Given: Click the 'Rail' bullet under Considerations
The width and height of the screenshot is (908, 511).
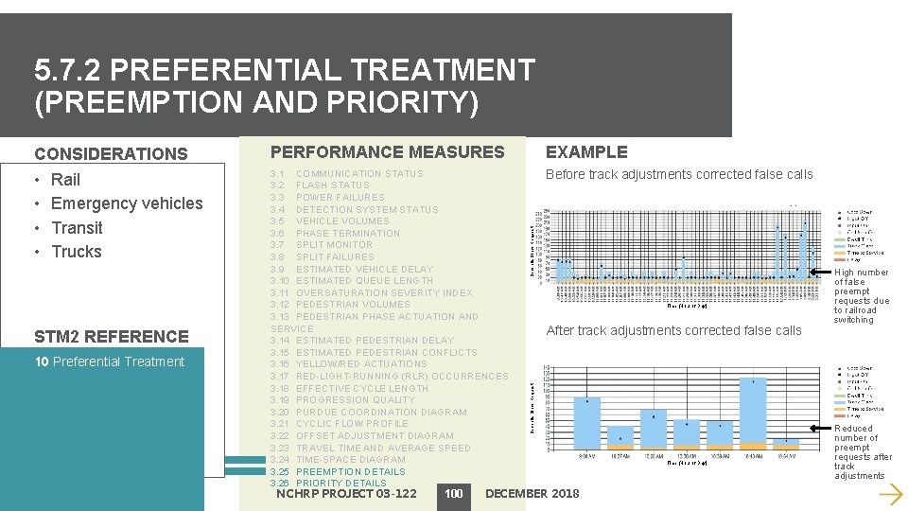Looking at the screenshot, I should (65, 180).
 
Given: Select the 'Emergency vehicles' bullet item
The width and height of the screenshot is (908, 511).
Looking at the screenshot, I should (126, 203).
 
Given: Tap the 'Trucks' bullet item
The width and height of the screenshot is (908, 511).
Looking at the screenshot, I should (76, 252).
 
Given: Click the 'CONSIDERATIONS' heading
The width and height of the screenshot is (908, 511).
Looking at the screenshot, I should (111, 154).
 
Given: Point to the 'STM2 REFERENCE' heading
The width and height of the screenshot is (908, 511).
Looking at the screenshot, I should (112, 337).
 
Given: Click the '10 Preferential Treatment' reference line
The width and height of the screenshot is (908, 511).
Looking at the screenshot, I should (110, 361).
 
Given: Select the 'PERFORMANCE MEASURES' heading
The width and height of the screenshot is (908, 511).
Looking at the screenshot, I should (388, 152).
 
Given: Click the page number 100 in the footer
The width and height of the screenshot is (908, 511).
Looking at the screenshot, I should (454, 493).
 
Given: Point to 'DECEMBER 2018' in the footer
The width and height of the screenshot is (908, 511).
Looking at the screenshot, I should (532, 493).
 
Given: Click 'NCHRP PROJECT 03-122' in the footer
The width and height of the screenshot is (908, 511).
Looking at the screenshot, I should (346, 493).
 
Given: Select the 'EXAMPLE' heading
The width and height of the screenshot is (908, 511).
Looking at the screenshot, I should (586, 152).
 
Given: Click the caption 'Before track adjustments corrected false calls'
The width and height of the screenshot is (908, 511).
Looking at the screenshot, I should (679, 174).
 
